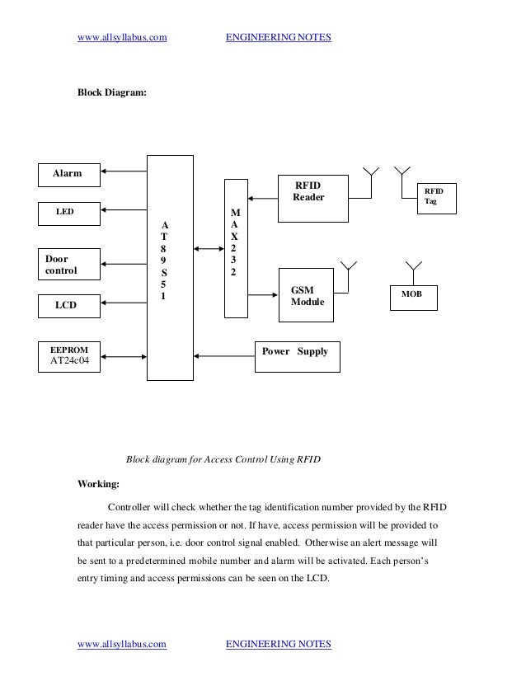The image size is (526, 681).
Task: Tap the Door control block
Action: (70, 262)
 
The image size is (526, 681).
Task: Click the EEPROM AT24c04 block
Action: (70, 356)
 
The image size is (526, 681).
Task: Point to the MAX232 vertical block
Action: (235, 247)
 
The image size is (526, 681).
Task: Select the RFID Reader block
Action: (312, 198)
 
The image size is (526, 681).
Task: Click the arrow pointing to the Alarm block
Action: (124, 172)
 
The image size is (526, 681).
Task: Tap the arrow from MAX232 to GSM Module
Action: (262, 294)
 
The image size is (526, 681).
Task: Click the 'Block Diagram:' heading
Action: (112, 95)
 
